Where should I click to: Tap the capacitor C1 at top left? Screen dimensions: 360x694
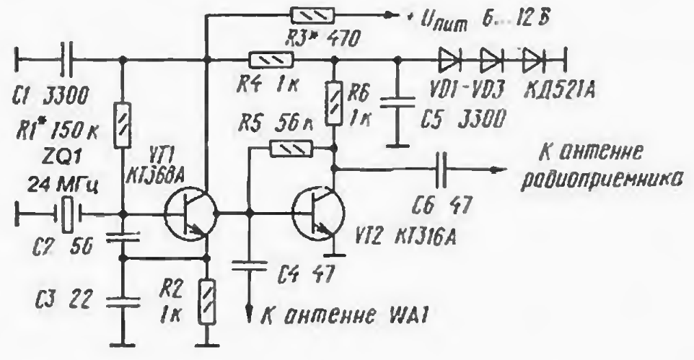(64, 58)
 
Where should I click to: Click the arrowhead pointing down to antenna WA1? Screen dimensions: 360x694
(250, 316)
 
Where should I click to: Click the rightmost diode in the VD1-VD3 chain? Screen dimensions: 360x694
(533, 58)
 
